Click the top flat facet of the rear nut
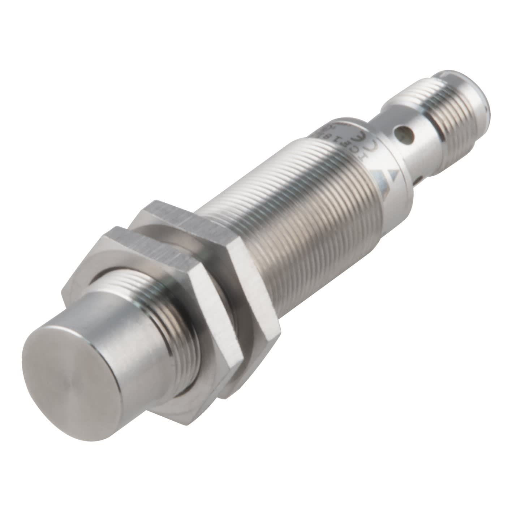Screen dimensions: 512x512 [x=170, y=213]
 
